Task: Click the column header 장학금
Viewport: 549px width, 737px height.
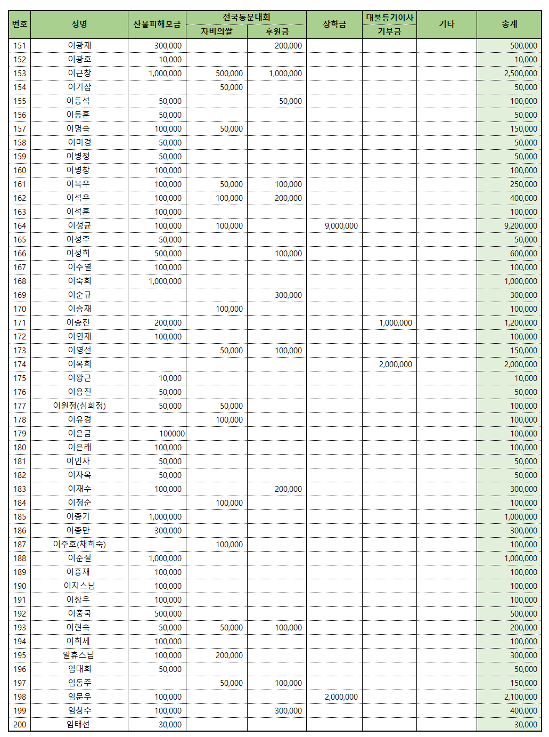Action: pos(334,25)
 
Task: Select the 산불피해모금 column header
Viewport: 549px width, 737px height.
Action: pos(157,25)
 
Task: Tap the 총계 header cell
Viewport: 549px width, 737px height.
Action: pos(509,25)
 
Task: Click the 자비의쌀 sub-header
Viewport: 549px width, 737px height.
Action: pos(217,31)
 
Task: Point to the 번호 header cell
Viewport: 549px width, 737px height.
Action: pos(20,25)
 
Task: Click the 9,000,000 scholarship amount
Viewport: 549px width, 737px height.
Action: pos(341,226)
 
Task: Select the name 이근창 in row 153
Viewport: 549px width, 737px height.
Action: pos(79,74)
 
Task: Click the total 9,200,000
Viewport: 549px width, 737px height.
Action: pos(520,226)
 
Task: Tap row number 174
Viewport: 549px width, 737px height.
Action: pos(20,365)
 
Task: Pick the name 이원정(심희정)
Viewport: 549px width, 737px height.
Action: pos(79,406)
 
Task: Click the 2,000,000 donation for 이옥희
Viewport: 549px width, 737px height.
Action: pos(395,365)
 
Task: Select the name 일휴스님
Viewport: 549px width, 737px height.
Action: pos(78,655)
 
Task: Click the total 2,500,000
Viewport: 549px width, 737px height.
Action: pos(520,74)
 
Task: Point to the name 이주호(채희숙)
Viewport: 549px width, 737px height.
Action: pos(79,545)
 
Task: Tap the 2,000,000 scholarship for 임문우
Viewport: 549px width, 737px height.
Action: pos(341,697)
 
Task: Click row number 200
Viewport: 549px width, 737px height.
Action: pos(20,725)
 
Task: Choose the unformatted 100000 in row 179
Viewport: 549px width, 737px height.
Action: pos(172,434)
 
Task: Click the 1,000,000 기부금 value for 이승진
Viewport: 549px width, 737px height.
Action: pos(395,323)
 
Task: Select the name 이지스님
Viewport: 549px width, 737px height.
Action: pos(79,586)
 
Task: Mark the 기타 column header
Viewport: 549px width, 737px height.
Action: pos(446,25)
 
